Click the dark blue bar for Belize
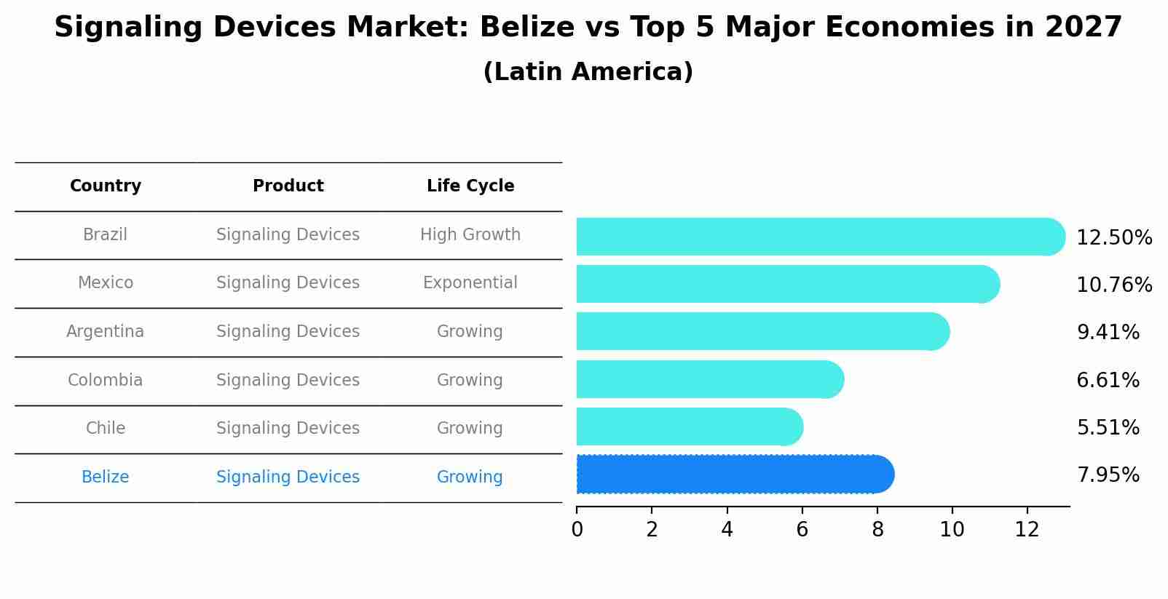point(734,475)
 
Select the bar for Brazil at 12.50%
point(819,237)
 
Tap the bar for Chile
point(689,427)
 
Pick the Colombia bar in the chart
point(709,379)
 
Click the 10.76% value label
point(1113,285)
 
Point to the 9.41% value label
point(1108,333)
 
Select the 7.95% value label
point(1108,475)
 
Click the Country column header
point(106,186)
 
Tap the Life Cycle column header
point(470,186)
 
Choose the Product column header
point(288,186)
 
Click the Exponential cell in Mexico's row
point(470,282)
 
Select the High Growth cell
point(470,234)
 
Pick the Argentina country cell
point(106,331)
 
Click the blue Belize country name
point(106,477)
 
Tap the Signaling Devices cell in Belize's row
point(288,477)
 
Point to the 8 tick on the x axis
point(877,529)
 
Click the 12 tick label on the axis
point(1027,529)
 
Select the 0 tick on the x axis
point(577,529)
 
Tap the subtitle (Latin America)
point(588,71)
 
